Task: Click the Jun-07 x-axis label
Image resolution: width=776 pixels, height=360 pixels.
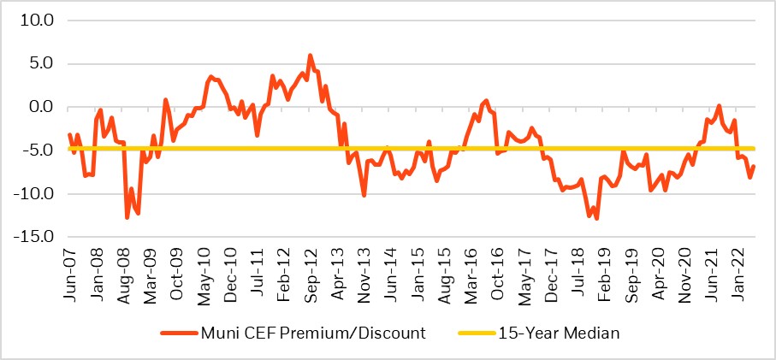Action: pos(70,272)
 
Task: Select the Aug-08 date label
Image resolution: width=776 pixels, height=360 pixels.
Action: pos(123,272)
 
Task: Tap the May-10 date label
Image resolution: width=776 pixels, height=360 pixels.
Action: pos(204,272)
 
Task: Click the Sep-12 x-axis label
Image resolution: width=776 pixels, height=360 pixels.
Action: pos(311,272)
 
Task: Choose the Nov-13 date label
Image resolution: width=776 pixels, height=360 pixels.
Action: pos(364,272)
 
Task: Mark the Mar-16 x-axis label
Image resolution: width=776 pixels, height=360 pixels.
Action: pos(471,272)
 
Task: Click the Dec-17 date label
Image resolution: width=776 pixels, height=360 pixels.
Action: pos(551,272)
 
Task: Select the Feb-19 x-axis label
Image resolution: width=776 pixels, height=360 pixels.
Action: pos(604,272)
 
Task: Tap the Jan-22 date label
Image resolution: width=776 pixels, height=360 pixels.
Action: pos(737,272)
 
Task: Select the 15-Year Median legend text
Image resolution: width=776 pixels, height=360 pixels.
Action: pos(560,333)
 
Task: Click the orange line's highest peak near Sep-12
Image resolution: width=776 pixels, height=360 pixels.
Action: pos(310,56)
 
